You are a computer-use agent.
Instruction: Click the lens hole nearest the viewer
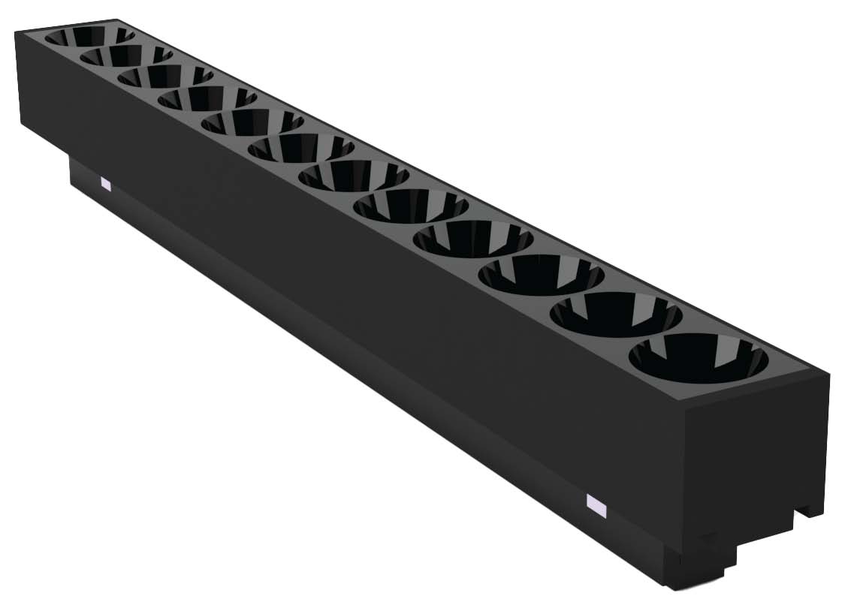point(699,358)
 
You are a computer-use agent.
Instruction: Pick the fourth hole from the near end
point(472,239)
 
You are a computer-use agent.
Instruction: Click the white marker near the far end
point(105,183)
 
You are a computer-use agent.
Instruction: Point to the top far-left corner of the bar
point(17,33)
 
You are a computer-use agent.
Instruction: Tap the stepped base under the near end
point(702,567)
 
